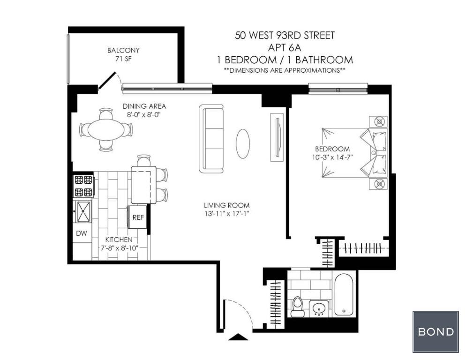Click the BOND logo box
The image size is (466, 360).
click(x=436, y=331)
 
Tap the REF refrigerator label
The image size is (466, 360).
click(x=138, y=217)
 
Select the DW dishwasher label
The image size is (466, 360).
click(x=82, y=233)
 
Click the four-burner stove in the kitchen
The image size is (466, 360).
click(x=84, y=186)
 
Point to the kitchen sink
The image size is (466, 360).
click(x=83, y=212)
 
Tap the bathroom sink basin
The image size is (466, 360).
click(x=319, y=308)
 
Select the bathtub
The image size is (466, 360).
click(x=344, y=294)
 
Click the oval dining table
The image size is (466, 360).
click(x=106, y=130)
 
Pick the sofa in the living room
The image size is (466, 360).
click(x=211, y=139)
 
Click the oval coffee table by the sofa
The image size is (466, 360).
click(x=243, y=143)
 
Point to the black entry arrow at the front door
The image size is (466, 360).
click(x=238, y=337)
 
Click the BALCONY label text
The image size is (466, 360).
click(x=123, y=50)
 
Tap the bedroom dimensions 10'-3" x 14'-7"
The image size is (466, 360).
click(x=332, y=157)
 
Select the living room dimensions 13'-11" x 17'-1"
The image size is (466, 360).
click(x=227, y=213)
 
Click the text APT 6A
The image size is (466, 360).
click(x=285, y=47)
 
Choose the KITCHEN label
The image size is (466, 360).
click(x=119, y=240)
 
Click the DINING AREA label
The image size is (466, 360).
click(x=144, y=106)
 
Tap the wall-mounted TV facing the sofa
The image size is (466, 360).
click(x=277, y=137)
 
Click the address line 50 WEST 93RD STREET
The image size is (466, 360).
click(x=285, y=35)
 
